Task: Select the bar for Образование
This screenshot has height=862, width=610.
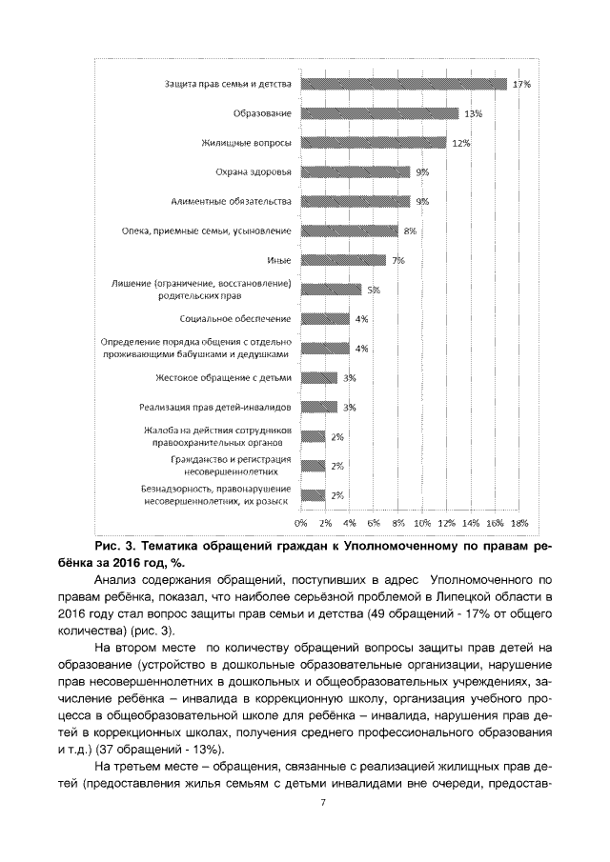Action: [379, 113]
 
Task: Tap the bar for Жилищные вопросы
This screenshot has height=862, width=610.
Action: [373, 143]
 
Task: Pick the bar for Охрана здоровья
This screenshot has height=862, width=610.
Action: [355, 172]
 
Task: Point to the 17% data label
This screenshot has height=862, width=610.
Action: [521, 84]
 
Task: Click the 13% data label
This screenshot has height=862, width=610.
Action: [473, 113]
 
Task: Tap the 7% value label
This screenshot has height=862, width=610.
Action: [398, 260]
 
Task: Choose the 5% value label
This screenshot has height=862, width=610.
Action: [374, 290]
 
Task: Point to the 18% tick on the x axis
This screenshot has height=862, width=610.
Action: [519, 523]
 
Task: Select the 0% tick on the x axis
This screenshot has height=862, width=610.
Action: [300, 523]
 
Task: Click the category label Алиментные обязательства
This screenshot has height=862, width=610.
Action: [232, 202]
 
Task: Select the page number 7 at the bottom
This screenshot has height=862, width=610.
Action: [323, 804]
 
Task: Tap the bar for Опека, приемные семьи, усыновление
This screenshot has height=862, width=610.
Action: [349, 231]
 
